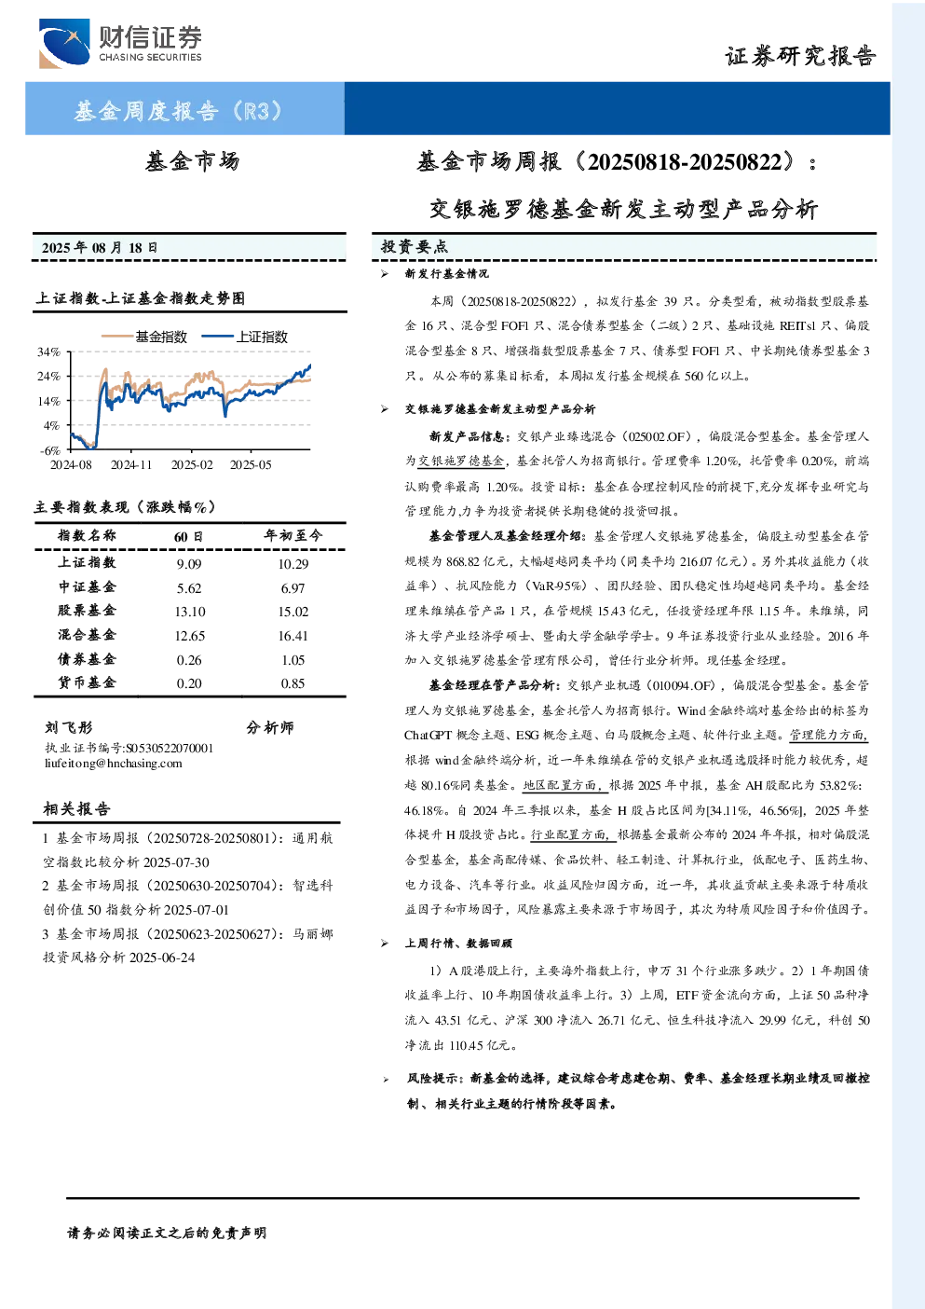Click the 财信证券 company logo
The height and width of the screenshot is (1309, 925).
(120, 43)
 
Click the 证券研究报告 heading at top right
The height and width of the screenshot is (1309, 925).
(800, 56)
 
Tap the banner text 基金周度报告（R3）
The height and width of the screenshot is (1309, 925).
(178, 110)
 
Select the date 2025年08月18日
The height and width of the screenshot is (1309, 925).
(100, 248)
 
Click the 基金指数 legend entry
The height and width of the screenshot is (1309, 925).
(144, 337)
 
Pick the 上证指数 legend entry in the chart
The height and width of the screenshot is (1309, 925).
(245, 337)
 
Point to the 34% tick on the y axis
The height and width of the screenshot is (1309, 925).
(49, 351)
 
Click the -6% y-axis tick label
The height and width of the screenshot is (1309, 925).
(50, 450)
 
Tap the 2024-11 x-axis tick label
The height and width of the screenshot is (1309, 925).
(130, 464)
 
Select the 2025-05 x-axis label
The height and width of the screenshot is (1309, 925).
(251, 464)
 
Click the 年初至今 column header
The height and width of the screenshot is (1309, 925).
(292, 535)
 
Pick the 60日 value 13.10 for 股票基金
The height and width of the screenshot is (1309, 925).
(190, 612)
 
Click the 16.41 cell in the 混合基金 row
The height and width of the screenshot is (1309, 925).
(292, 636)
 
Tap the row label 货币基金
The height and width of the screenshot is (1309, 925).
(87, 682)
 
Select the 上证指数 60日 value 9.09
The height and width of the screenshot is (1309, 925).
(189, 564)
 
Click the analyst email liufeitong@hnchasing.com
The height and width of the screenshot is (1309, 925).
(114, 764)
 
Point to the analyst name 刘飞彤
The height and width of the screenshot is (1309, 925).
(68, 727)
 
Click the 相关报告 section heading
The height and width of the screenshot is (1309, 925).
(76, 808)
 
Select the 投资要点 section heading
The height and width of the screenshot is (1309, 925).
(415, 247)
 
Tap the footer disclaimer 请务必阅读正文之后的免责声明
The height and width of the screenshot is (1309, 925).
(167, 1233)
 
